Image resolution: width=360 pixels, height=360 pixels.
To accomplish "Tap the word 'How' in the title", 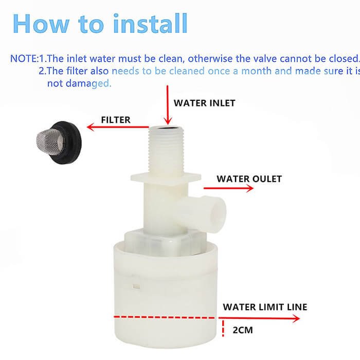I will coord(37,23).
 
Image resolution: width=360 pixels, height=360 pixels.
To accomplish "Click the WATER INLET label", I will coord(204,103).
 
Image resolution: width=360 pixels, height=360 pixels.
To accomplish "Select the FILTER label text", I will coord(115,120).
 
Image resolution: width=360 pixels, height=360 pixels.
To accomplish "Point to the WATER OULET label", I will coord(249,179).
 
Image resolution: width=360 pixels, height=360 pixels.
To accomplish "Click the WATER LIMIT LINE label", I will coord(265,307).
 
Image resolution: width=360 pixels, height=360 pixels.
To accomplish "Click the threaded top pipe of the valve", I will coord(166,149).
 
